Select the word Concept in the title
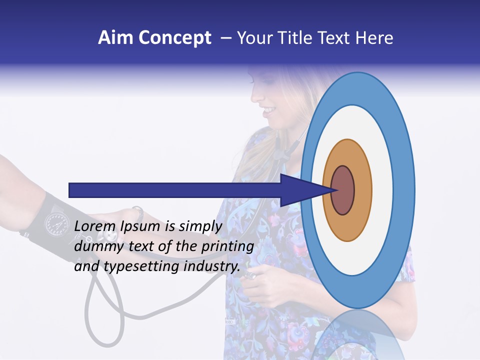tap(175, 38)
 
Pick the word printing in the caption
tap(228, 247)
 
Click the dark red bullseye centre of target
tap(343, 190)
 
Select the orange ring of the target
tap(362, 190)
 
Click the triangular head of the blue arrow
tap(300, 190)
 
